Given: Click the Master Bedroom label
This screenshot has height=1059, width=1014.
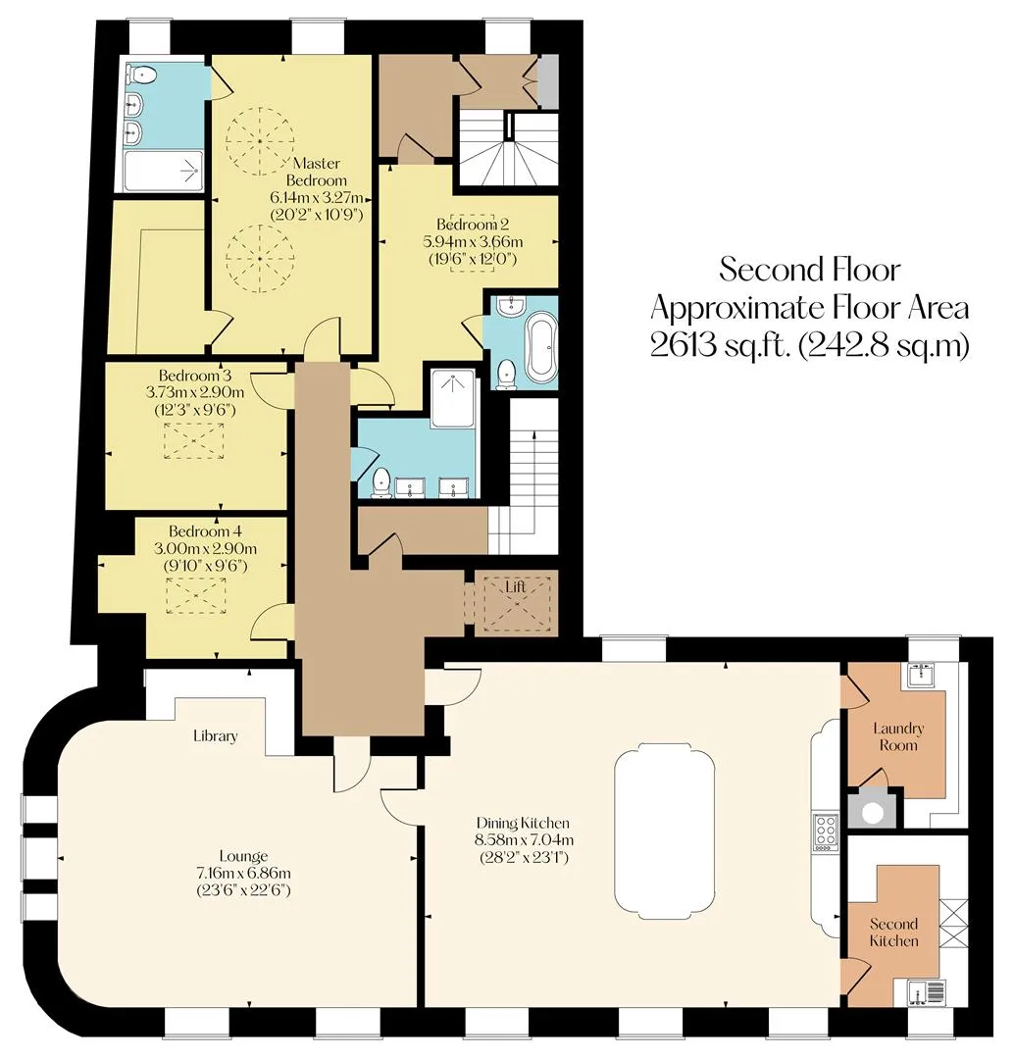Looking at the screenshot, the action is coord(317,172).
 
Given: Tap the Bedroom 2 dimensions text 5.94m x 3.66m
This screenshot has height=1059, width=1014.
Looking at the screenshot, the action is coord(473,242).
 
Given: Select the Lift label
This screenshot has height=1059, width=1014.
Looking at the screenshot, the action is coord(516,587).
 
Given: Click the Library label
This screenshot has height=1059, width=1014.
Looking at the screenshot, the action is coord(216,735).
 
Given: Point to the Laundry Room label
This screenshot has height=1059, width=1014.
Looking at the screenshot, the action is coord(898,736).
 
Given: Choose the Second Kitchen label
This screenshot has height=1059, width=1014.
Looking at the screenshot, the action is coord(893,933).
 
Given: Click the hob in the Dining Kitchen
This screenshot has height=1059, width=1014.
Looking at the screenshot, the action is coord(826,832).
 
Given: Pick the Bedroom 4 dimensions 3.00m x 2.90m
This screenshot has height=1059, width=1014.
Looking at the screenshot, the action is coord(205,549).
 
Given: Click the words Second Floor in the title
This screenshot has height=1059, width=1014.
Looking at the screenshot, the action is coord(809,270).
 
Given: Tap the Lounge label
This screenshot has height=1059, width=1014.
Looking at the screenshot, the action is coord(243,856).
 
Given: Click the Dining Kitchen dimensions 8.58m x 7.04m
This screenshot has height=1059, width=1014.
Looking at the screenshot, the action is coord(525,840).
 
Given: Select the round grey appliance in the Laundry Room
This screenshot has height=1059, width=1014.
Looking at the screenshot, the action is coord(873,813).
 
